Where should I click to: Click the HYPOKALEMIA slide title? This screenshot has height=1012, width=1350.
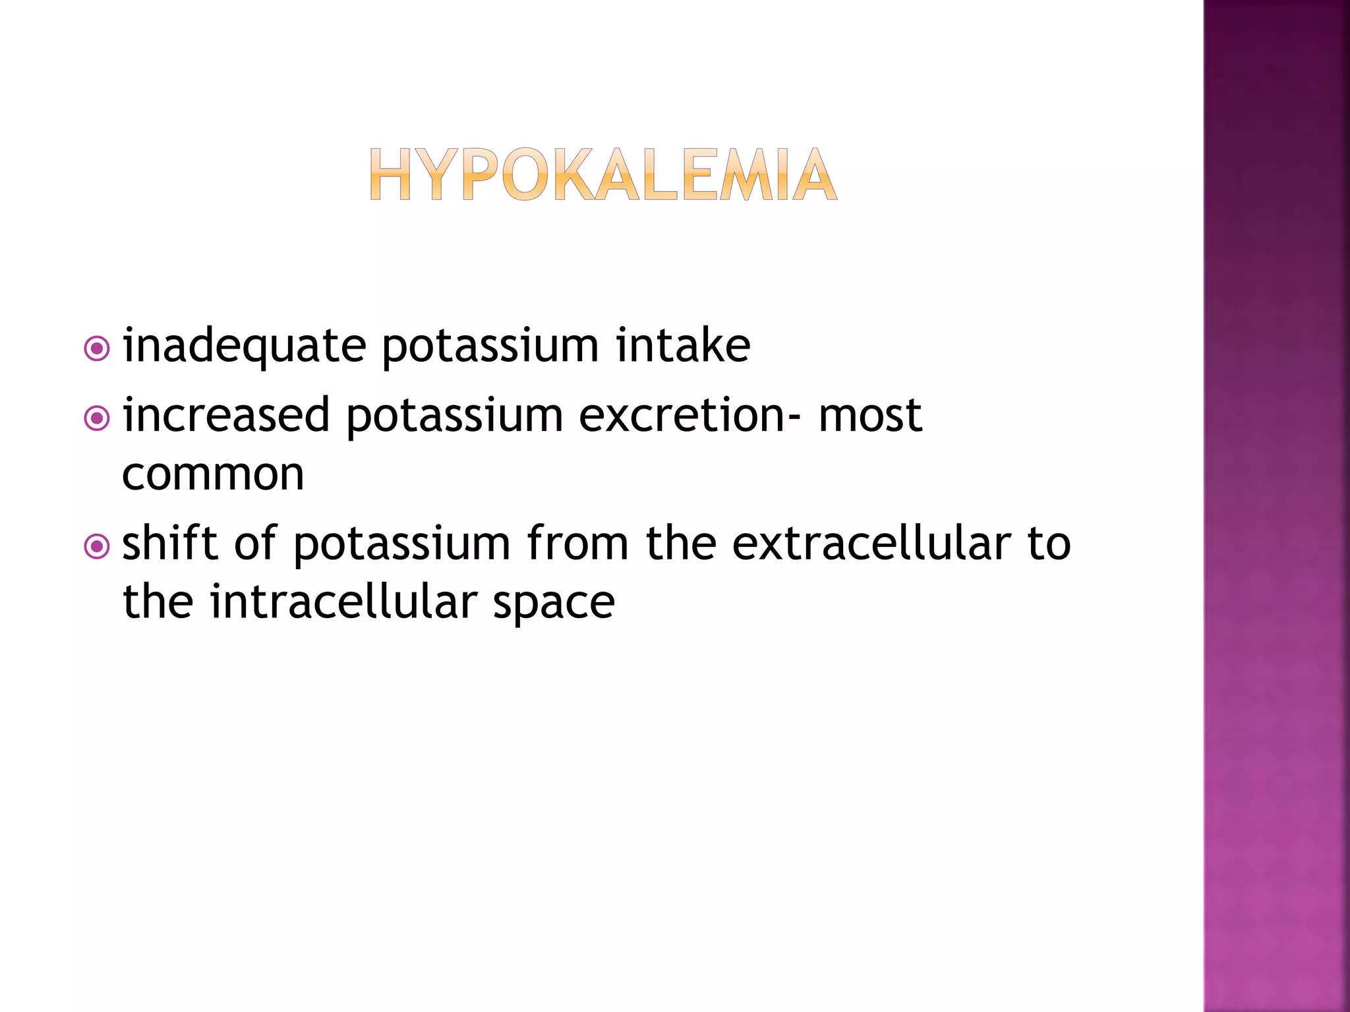pyautogui.click(x=602, y=175)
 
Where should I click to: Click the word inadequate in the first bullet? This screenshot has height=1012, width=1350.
pyautogui.click(x=244, y=346)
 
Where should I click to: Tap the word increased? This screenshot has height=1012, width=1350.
pyautogui.click(x=226, y=416)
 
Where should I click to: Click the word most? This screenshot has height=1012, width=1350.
pyautogui.click(x=869, y=416)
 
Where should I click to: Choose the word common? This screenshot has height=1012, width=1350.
pyautogui.click(x=213, y=474)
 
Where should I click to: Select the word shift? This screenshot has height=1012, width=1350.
pyautogui.click(x=170, y=544)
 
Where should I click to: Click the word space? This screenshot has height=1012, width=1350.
pyautogui.click(x=554, y=603)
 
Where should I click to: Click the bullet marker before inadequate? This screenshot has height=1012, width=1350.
pyautogui.click(x=97, y=349)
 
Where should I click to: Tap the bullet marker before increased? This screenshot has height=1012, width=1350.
pyautogui.click(x=97, y=418)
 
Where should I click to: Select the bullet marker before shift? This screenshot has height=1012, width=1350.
pyautogui.click(x=97, y=546)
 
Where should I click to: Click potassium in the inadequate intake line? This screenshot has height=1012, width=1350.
pyautogui.click(x=490, y=347)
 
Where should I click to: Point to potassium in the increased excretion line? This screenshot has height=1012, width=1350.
pyautogui.click(x=454, y=417)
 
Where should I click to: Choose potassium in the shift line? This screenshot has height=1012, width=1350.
pyautogui.click(x=401, y=545)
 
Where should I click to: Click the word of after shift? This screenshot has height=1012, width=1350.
pyautogui.click(x=255, y=544)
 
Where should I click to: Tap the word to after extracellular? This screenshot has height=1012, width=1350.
pyautogui.click(x=1049, y=544)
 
